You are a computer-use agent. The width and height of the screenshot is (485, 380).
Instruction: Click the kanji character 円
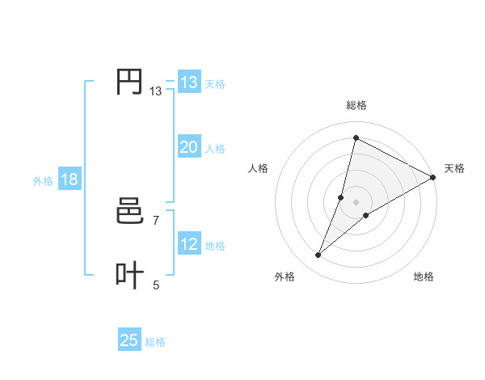[129, 82]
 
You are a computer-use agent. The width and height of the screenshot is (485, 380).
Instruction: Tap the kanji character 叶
[129, 275]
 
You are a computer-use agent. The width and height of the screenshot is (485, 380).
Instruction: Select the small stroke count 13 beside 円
[155, 92]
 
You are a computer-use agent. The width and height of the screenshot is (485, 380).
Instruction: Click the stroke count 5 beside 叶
[155, 285]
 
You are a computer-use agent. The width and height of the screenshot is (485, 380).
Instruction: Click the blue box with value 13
[188, 82]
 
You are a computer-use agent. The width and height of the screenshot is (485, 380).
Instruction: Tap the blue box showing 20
[188, 147]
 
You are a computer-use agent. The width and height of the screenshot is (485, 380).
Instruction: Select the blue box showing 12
[188, 244]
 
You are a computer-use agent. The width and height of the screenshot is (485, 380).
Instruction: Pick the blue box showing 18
[69, 180]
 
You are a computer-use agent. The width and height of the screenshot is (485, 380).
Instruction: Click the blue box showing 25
[129, 340]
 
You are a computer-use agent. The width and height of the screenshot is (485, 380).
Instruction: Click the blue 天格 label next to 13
[215, 83]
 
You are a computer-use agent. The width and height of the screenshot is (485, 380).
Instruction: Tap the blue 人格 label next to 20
[215, 149]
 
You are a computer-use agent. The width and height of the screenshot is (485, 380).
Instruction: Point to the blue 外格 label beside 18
[43, 181]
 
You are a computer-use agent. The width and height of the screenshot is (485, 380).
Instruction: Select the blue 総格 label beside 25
[155, 342]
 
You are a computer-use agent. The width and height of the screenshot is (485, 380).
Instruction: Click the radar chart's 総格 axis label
[356, 105]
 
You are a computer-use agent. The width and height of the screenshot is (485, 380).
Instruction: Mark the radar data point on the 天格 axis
[432, 178]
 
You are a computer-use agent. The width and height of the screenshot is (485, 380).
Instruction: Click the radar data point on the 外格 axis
[318, 255]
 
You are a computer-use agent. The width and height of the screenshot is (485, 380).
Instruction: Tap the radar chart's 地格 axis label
[424, 277]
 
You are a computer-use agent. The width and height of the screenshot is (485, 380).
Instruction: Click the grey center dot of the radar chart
[356, 202]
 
